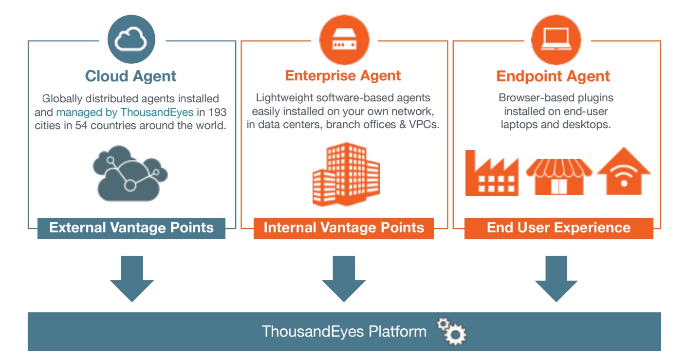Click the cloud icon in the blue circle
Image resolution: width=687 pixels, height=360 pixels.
(130, 40)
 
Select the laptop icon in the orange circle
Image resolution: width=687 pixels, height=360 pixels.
(556, 40)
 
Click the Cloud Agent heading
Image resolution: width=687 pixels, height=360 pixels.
(130, 76)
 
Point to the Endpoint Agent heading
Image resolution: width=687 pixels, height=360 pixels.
(553, 76)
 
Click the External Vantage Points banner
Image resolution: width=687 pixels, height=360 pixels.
(131, 228)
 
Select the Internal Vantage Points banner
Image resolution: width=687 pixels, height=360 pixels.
(344, 228)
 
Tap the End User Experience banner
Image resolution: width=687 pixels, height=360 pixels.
(558, 228)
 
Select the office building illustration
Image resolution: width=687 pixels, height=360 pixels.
(345, 174)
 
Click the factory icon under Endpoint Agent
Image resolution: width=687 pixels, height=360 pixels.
(491, 174)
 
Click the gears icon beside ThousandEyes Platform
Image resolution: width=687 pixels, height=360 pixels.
(452, 332)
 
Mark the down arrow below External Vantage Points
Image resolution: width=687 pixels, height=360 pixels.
(132, 279)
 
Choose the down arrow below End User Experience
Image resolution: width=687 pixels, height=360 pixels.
(556, 279)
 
